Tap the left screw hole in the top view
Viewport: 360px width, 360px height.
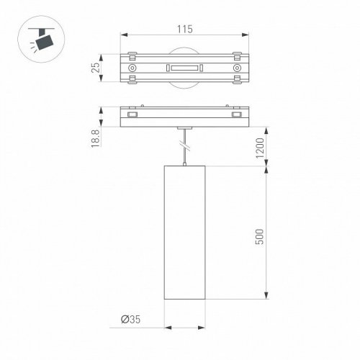(132, 69)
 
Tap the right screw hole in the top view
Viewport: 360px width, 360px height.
(235, 69)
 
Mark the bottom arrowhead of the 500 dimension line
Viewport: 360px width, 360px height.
(269, 298)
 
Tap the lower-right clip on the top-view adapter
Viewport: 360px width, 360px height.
(235, 83)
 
